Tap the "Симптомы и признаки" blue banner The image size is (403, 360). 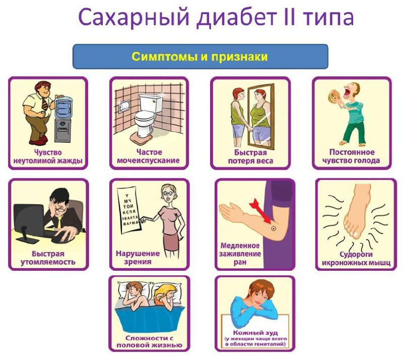point(200,56)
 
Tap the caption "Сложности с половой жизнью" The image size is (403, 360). point(149,341)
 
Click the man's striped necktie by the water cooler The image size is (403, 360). point(45,104)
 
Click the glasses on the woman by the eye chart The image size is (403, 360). point(165,194)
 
